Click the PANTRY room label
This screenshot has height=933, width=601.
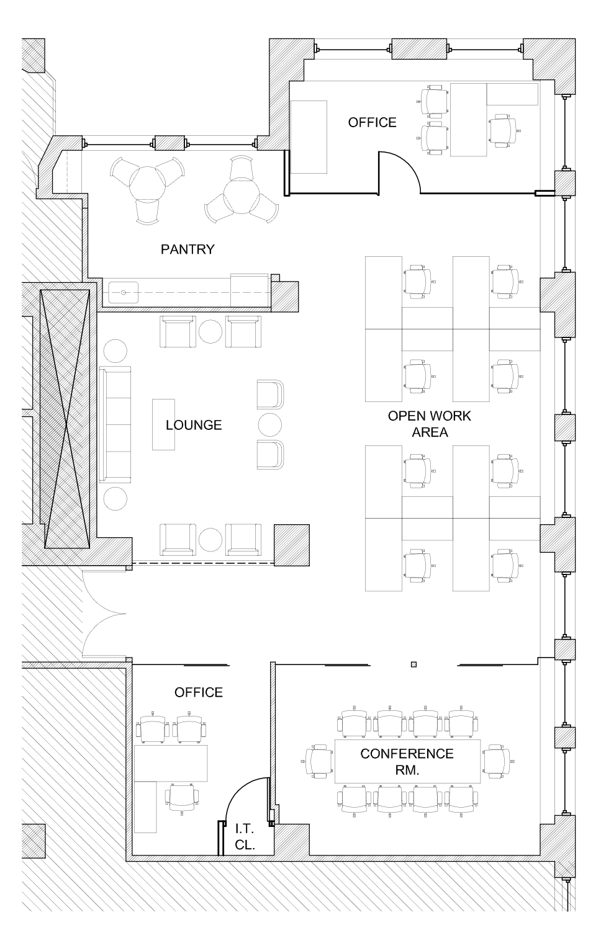(188, 249)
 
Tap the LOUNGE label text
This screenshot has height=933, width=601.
(194, 425)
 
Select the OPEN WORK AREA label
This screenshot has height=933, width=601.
(430, 424)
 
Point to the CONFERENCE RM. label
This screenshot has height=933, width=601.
(407, 761)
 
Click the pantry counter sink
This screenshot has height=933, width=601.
(124, 292)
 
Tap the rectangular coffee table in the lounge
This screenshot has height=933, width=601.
(163, 424)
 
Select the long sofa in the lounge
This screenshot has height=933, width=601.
(115, 425)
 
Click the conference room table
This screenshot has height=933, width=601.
(408, 761)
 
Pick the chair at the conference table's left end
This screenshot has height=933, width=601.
(319, 761)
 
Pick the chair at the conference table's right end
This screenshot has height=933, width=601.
(497, 761)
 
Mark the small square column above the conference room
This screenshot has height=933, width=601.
(413, 664)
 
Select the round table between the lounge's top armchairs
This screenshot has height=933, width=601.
(210, 331)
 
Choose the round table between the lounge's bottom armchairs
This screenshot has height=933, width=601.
(210, 540)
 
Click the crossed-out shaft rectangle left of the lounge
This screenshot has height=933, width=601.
(65, 419)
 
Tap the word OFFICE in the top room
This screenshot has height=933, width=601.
(372, 122)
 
